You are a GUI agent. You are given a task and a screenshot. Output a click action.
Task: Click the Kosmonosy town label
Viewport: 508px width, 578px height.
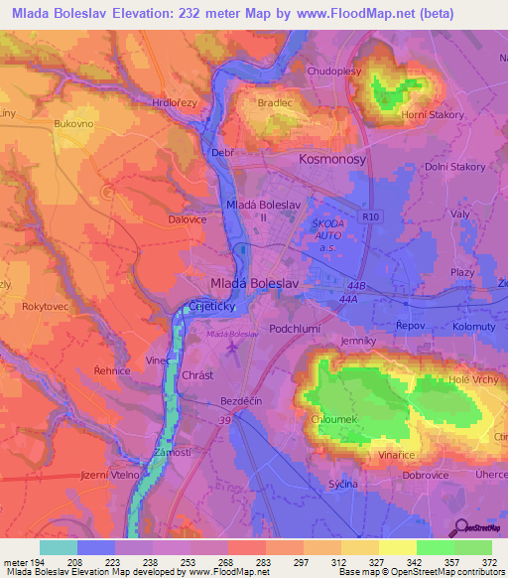pos(332,159)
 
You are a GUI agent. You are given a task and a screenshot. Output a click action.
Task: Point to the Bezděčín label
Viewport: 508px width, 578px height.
pos(241,402)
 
